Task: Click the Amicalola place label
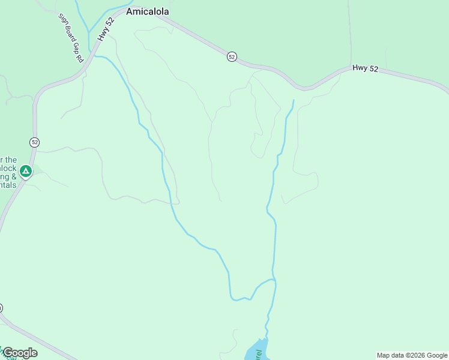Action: click(x=147, y=11)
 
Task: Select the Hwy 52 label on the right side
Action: click(x=365, y=68)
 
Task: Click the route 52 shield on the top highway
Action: click(x=232, y=56)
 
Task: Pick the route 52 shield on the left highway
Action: click(x=34, y=142)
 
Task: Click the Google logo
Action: click(x=20, y=352)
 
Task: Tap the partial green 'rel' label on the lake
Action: click(x=259, y=354)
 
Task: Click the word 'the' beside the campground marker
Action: click(x=11, y=160)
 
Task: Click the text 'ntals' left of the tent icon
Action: click(x=8, y=185)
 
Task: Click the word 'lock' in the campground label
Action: click(x=8, y=168)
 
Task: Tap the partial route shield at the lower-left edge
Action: click(x=1, y=308)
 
